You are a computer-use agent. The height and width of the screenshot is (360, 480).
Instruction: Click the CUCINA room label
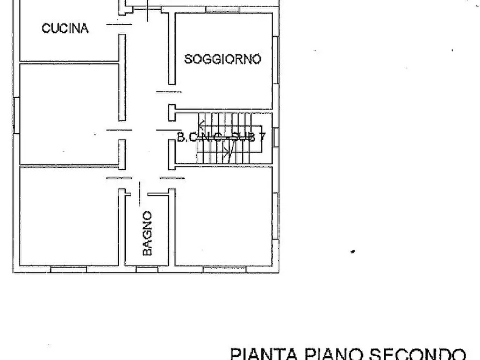tap(65, 29)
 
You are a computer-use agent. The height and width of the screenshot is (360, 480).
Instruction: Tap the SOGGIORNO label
tap(223, 59)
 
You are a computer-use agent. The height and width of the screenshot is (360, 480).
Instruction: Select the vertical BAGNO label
tap(148, 233)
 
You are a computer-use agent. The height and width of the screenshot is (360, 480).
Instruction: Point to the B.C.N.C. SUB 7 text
tap(221, 137)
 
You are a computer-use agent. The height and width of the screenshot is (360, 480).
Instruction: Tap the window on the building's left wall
tap(16, 113)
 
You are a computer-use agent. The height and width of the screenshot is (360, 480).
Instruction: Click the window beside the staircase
tap(275, 137)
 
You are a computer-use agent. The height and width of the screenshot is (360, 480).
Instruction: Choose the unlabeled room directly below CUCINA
tap(69, 113)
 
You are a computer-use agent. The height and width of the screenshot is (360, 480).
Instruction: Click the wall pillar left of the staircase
tap(172, 112)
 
